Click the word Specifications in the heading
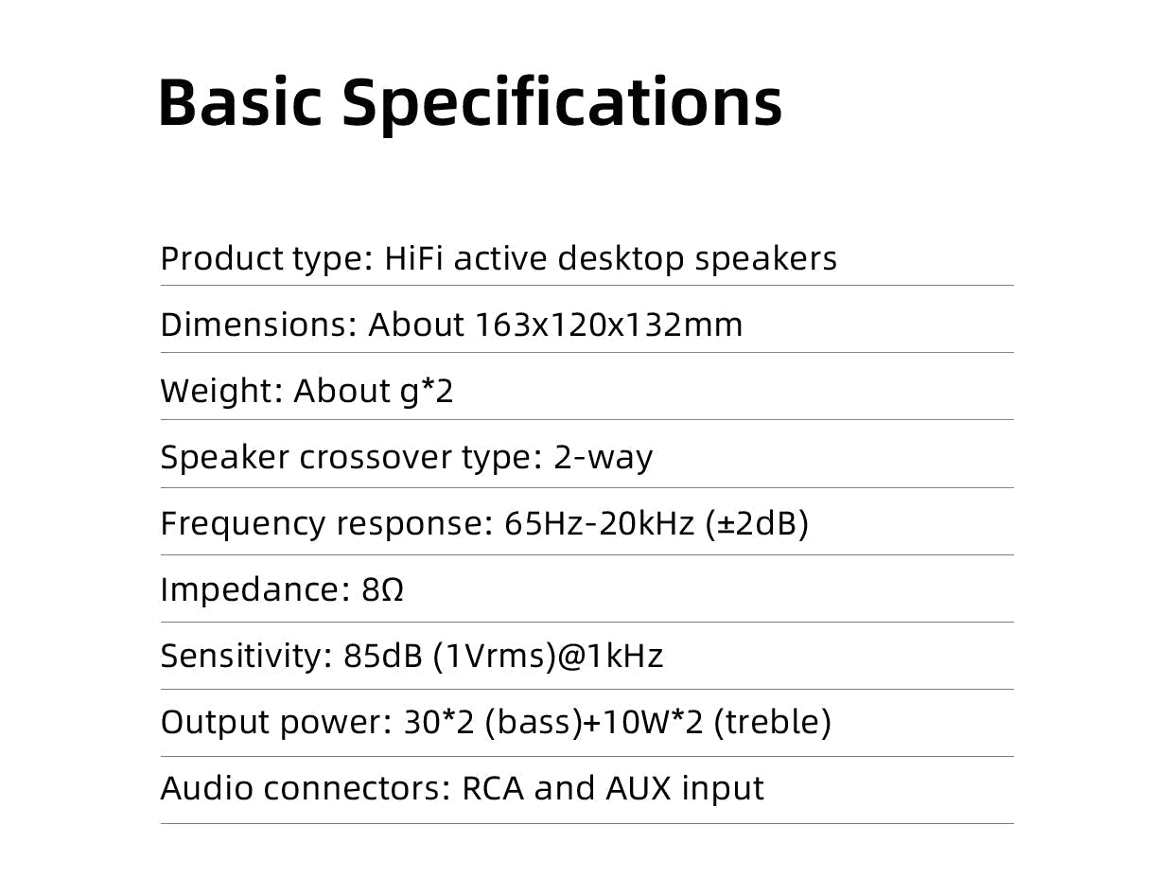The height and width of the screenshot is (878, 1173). click(x=561, y=101)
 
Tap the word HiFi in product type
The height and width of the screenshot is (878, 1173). click(x=413, y=258)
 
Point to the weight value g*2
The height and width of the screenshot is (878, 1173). click(x=427, y=391)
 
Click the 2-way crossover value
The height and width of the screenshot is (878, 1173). click(x=603, y=457)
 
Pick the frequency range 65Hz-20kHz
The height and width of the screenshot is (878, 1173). click(x=600, y=523)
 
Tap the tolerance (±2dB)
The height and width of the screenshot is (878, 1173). click(x=757, y=523)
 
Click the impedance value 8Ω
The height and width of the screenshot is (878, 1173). click(x=383, y=589)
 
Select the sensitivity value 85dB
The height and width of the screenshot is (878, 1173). click(x=382, y=656)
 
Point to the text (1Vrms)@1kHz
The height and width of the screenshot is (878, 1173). click(x=548, y=656)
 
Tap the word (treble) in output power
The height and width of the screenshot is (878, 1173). click(x=772, y=722)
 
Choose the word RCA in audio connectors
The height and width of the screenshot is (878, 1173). click(x=492, y=788)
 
